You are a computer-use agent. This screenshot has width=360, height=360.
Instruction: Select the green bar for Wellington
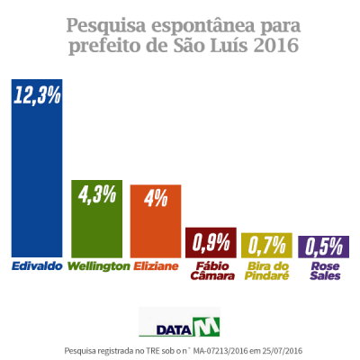[x=95, y=225]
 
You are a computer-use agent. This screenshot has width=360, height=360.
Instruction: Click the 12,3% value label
[x=37, y=95]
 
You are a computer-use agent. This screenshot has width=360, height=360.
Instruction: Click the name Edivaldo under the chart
[x=36, y=266]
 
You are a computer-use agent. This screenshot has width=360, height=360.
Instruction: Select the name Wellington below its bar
[x=99, y=266]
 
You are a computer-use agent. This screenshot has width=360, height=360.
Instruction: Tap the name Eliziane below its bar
[x=157, y=266]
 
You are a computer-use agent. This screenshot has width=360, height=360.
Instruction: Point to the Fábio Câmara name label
[x=211, y=271]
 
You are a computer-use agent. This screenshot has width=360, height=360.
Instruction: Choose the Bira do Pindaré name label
[x=265, y=271]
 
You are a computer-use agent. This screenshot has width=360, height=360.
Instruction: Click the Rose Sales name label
[x=322, y=271]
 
